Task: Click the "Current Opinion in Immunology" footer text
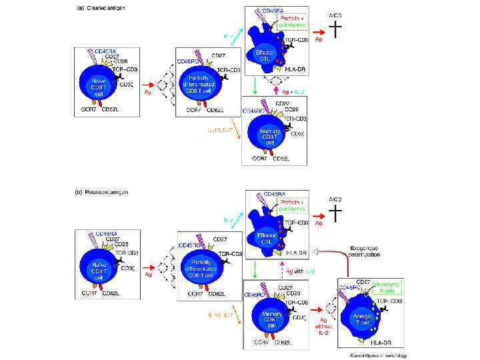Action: click(378, 355)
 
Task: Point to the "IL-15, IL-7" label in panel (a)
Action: click(220, 129)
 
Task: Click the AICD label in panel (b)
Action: click(337, 199)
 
